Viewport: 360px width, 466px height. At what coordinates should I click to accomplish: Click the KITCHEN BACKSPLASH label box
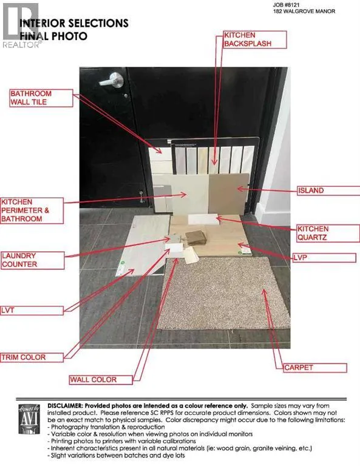255,39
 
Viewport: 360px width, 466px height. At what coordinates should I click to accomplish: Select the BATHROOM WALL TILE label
41,98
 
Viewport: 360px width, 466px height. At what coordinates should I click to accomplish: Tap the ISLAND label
328,191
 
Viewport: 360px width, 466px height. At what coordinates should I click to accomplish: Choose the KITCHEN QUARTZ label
328,233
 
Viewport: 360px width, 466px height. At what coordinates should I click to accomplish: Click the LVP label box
324,258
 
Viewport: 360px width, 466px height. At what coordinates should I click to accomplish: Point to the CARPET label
315,368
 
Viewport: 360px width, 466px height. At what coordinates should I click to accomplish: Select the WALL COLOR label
101,380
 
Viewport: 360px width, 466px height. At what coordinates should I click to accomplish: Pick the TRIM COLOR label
32,357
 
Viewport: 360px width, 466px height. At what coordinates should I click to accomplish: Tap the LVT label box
32,311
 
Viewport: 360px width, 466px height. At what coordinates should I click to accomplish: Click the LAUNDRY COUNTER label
32,260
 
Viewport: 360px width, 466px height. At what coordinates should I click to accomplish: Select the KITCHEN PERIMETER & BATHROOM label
32,211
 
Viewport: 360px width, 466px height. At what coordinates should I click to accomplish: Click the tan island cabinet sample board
228,193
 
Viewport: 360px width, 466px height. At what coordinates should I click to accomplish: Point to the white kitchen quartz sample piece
203,219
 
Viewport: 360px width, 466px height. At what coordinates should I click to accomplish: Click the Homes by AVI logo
29,419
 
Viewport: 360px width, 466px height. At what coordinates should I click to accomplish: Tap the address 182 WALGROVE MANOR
304,12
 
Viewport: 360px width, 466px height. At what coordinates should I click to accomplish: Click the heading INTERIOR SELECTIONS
74,23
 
